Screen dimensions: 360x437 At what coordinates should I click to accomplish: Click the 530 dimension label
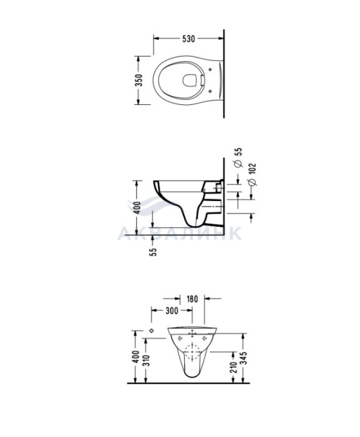(x=188, y=39)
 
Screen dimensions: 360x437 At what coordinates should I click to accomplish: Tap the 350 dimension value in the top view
(x=139, y=80)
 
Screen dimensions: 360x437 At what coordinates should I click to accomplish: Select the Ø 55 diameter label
(x=238, y=157)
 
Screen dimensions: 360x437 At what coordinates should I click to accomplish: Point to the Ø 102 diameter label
(x=252, y=174)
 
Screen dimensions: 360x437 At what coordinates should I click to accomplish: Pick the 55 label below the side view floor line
(x=153, y=251)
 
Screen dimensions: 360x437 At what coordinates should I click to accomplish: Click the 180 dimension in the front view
(x=192, y=299)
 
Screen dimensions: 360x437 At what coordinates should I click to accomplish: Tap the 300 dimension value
(x=172, y=310)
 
